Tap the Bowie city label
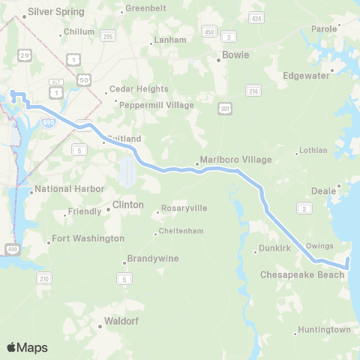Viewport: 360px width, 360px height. (235, 55)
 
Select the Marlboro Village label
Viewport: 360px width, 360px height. (235, 160)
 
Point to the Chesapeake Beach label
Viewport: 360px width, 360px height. (302, 275)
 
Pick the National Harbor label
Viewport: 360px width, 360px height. (70, 189)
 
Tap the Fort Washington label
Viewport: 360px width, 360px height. (86, 238)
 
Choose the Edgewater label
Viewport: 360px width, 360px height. (307, 76)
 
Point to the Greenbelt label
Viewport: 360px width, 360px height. (145, 8)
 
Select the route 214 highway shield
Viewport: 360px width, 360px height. (253, 90)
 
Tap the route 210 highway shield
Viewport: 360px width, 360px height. (45, 278)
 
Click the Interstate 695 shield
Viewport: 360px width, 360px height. (48, 120)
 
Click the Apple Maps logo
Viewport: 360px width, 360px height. (27, 346)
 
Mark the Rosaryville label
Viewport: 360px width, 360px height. (184, 208)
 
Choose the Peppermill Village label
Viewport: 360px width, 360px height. (157, 105)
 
